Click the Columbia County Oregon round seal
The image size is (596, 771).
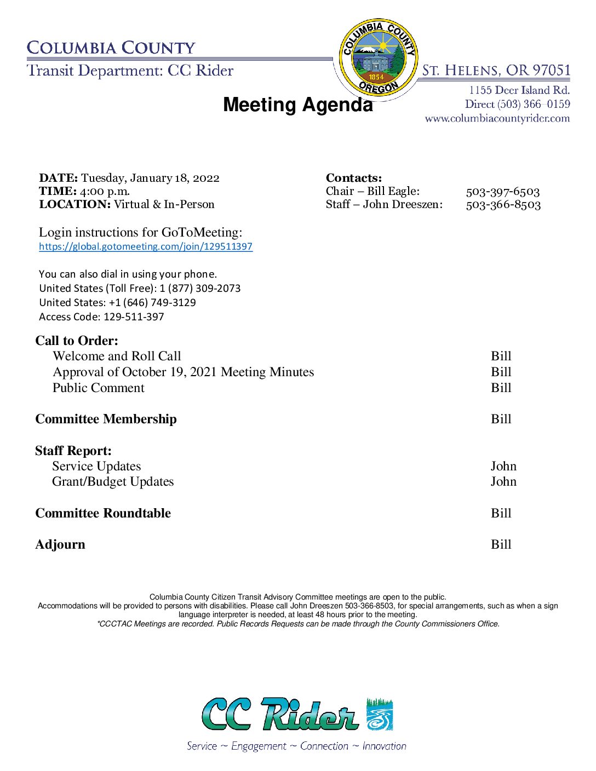(x=378, y=57)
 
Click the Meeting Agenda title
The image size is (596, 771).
(x=297, y=105)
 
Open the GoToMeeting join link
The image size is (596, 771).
(x=146, y=246)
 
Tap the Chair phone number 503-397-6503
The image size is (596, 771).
(x=502, y=192)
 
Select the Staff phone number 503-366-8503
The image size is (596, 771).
(x=503, y=205)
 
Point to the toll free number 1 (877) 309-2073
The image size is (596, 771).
(x=200, y=288)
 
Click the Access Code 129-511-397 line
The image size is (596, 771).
(x=101, y=317)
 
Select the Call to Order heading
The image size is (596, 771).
(x=77, y=341)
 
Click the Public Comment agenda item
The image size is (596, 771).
(x=99, y=388)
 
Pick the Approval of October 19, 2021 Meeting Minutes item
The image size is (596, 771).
(x=183, y=372)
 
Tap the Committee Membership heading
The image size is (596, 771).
(x=106, y=419)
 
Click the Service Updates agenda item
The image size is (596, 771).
(x=96, y=466)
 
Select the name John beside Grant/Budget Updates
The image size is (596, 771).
(x=503, y=481)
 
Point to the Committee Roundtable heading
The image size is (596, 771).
(x=103, y=513)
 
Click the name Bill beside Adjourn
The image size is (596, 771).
(x=501, y=544)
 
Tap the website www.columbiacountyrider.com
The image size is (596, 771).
(x=497, y=118)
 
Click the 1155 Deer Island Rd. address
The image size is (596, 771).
(x=519, y=90)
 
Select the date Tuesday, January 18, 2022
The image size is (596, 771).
(x=150, y=178)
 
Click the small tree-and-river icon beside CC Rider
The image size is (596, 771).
(x=379, y=714)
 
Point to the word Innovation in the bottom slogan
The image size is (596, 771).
(x=384, y=746)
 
